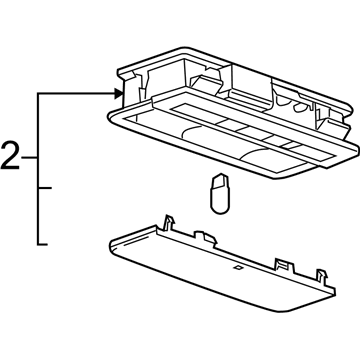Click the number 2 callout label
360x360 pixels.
click(x=11, y=157)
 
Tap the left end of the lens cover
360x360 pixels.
click(x=108, y=242)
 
